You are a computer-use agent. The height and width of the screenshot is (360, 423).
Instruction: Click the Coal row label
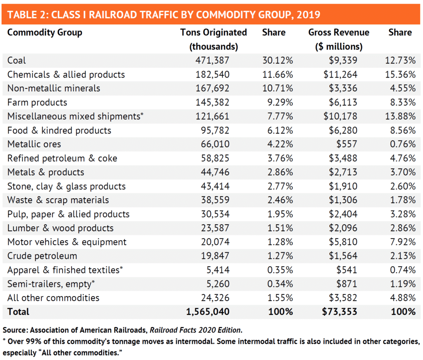click(17, 60)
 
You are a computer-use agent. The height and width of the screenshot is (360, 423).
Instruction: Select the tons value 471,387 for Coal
click(212, 60)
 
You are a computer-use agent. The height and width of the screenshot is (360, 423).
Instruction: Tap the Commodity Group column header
click(45, 33)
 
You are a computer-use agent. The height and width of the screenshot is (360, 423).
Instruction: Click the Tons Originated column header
click(214, 33)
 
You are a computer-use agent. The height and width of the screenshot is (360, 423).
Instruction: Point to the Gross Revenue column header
click(339, 33)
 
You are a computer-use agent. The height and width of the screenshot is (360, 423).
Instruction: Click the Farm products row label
click(37, 102)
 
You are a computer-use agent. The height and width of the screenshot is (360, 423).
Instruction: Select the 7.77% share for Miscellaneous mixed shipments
click(278, 116)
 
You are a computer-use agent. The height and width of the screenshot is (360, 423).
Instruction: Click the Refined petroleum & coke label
click(62, 158)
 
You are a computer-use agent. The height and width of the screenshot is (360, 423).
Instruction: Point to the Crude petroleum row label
click(42, 256)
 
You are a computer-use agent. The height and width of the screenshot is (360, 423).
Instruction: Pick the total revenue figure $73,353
click(340, 311)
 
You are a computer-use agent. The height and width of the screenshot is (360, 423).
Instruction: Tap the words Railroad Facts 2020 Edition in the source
click(195, 330)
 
